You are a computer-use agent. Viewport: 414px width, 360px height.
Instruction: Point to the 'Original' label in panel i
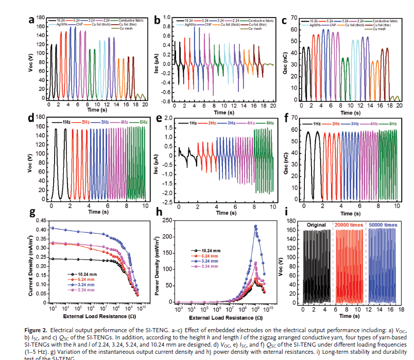tap(316, 225)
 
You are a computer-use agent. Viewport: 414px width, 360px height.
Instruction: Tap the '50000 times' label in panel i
tap(384, 225)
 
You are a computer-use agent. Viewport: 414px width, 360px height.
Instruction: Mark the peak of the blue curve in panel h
tap(255, 226)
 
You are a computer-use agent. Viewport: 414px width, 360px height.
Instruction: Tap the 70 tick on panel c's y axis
tap(295, 18)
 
